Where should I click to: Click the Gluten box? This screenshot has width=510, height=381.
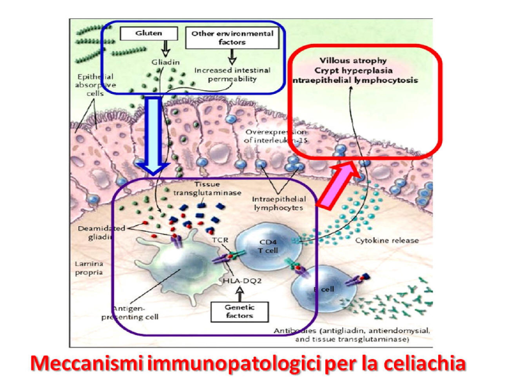[149, 33]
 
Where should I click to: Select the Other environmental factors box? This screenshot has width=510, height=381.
[232, 38]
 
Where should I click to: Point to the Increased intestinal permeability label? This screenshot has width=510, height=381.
[232, 74]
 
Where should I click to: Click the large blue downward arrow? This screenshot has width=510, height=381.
[154, 135]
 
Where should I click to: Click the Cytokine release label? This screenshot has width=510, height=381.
[387, 240]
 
